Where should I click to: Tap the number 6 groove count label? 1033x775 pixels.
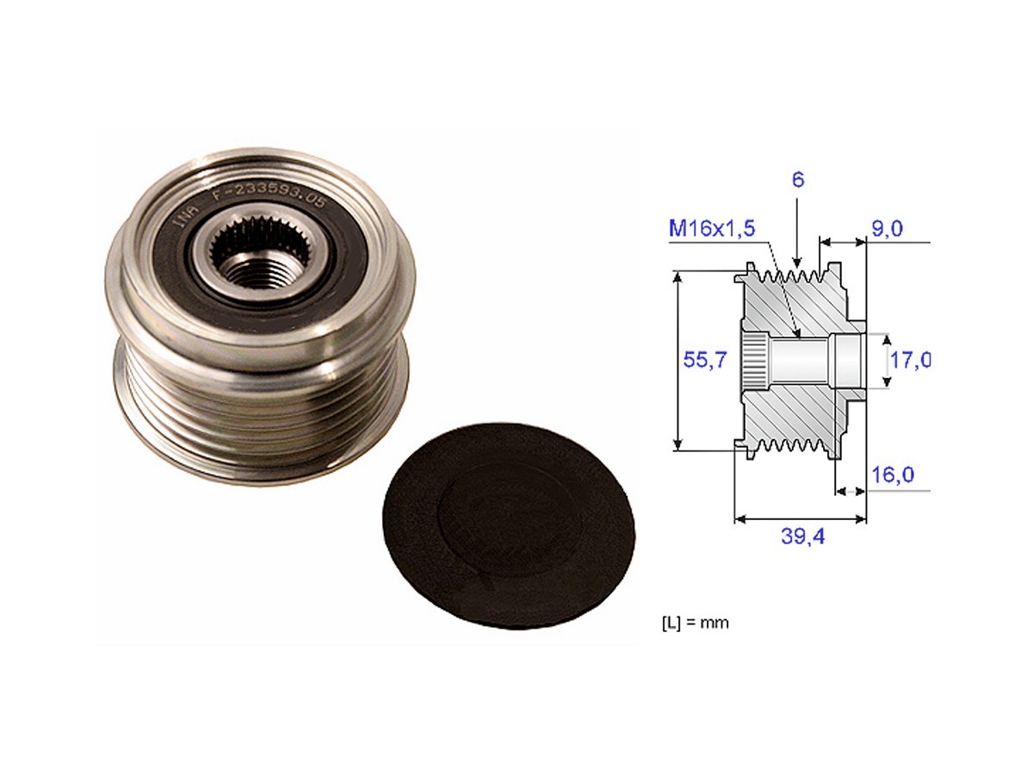click(798, 180)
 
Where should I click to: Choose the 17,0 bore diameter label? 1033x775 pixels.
click(909, 359)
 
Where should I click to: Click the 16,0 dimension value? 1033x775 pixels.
click(892, 474)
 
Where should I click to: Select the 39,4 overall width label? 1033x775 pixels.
click(802, 536)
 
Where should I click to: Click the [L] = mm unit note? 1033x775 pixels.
click(694, 622)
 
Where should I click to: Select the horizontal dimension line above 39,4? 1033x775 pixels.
click(801, 519)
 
